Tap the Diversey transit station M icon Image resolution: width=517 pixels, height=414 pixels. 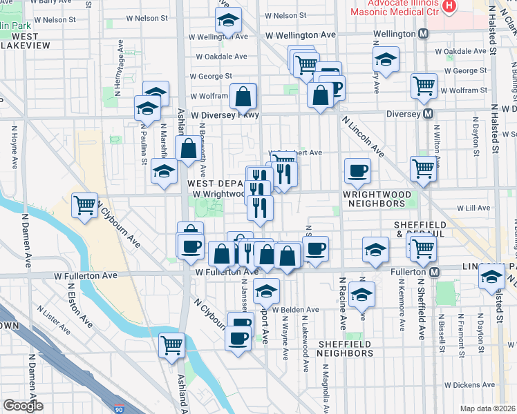coord(429,114)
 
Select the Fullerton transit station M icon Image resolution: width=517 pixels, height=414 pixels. coord(434,273)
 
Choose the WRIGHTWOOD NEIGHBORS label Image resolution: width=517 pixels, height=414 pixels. coord(374,199)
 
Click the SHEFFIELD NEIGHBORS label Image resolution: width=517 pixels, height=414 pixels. coord(346,348)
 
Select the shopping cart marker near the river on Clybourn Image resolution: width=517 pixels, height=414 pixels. coord(84,205)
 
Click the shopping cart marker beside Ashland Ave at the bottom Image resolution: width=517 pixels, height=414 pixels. coord(171,345)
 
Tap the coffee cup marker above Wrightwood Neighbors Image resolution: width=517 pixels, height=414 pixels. coord(357,171)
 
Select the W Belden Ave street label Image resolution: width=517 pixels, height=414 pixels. coord(296,310)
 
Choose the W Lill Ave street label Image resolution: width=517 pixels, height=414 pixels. coord(472,208)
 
